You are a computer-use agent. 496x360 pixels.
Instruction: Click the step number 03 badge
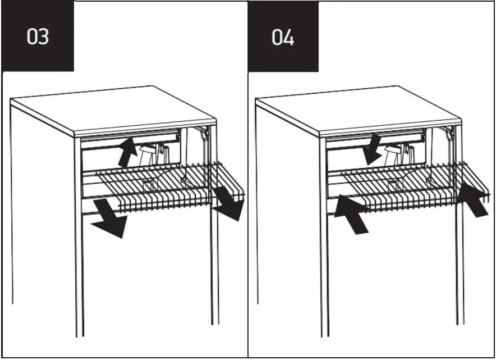point(38,37)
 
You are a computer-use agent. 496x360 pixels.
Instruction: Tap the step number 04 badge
point(283,37)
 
